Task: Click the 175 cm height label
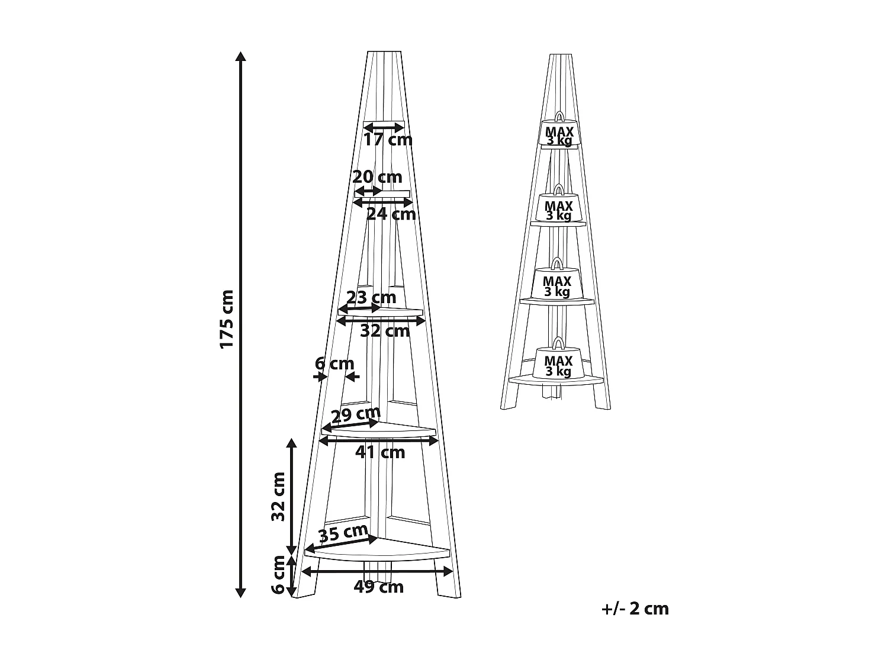pos(227,319)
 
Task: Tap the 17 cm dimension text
pos(388,140)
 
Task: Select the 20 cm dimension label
pos(377,177)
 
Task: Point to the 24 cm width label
pos(391,214)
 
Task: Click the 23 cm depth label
pos(371,297)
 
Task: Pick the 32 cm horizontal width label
pos(385,331)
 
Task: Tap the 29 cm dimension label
pos(355,415)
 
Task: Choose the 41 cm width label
pos(380,453)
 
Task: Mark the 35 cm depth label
pos(343,533)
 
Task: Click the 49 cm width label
pos(378,587)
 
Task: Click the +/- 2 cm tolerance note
pos(635,609)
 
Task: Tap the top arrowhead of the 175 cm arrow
pos(240,57)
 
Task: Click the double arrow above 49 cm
pos(377,571)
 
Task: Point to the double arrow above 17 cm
pos(383,127)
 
